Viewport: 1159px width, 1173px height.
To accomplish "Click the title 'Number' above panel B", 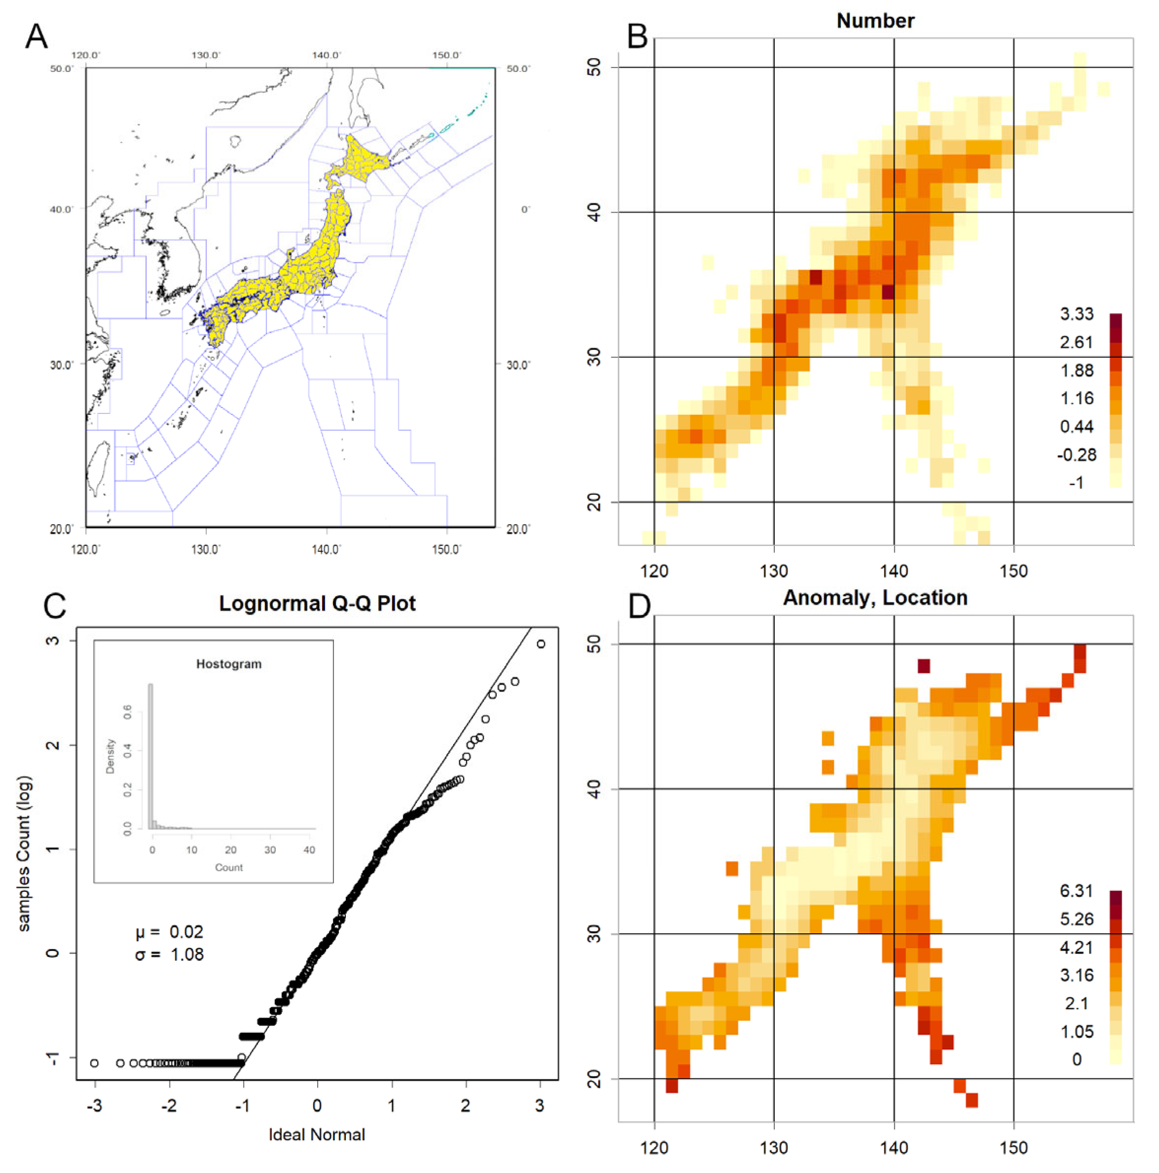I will [x=875, y=21].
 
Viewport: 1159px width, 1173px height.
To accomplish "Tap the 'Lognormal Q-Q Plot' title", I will [x=317, y=603].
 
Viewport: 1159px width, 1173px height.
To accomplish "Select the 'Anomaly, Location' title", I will [x=875, y=598].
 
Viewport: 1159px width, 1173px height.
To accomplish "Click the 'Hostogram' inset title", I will [x=229, y=664].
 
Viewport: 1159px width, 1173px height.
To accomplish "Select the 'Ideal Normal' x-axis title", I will [x=317, y=1135].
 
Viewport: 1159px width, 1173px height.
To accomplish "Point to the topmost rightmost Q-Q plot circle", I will [x=541, y=643].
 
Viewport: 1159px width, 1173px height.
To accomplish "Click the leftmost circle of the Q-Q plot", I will [x=94, y=1063].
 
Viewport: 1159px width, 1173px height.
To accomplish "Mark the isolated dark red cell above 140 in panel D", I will [x=924, y=666].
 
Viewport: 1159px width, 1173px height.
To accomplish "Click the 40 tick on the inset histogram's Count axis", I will [x=309, y=850].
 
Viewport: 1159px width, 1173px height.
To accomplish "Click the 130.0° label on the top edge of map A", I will [x=205, y=55].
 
